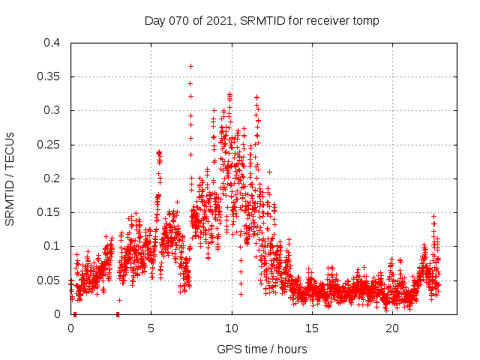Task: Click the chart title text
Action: [x=262, y=21]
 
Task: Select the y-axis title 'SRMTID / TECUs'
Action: [x=10, y=178]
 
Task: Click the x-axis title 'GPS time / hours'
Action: [x=262, y=349]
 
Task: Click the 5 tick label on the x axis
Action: [x=151, y=328]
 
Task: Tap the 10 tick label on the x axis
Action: [x=232, y=328]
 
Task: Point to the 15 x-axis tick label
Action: [x=312, y=328]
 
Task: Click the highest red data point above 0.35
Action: [x=190, y=66]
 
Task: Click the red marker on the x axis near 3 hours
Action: [x=118, y=314]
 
